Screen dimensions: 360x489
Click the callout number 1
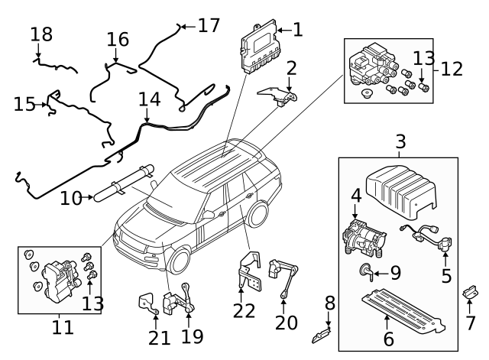[x=297, y=30]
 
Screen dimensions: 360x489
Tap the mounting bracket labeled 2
[x=277, y=97]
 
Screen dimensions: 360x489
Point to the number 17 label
[x=209, y=25]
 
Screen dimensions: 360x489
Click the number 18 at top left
[x=42, y=34]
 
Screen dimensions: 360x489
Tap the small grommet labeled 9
[x=365, y=270]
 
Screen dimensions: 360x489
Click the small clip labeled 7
[x=469, y=294]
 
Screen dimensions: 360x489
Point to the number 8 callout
[x=330, y=303]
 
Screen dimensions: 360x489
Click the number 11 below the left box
[x=63, y=328]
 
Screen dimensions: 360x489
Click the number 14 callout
[x=150, y=99]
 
